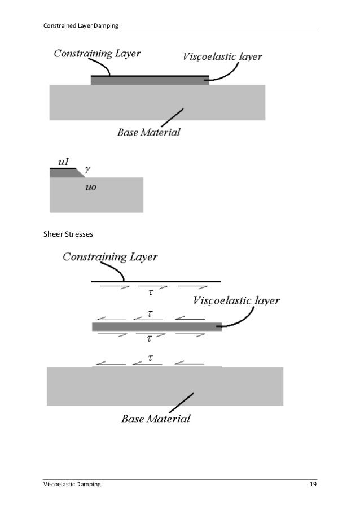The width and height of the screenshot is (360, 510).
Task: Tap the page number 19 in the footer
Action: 312,485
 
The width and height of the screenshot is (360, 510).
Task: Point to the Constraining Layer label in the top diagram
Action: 97,54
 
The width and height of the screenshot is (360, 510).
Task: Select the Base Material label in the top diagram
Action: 149,133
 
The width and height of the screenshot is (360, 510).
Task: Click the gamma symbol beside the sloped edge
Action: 87,168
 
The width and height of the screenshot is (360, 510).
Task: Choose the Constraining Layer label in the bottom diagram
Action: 110,257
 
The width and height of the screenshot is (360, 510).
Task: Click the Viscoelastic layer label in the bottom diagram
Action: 236,300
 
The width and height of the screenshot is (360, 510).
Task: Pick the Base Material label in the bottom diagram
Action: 156,419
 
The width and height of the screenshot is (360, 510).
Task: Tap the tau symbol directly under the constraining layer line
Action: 150,292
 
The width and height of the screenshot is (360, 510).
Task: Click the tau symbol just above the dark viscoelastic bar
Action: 150,314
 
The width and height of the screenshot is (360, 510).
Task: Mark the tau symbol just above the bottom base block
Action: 150,358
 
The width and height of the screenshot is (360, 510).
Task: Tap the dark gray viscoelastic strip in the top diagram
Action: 150,81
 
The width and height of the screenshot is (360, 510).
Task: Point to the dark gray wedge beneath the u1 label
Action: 65,174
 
